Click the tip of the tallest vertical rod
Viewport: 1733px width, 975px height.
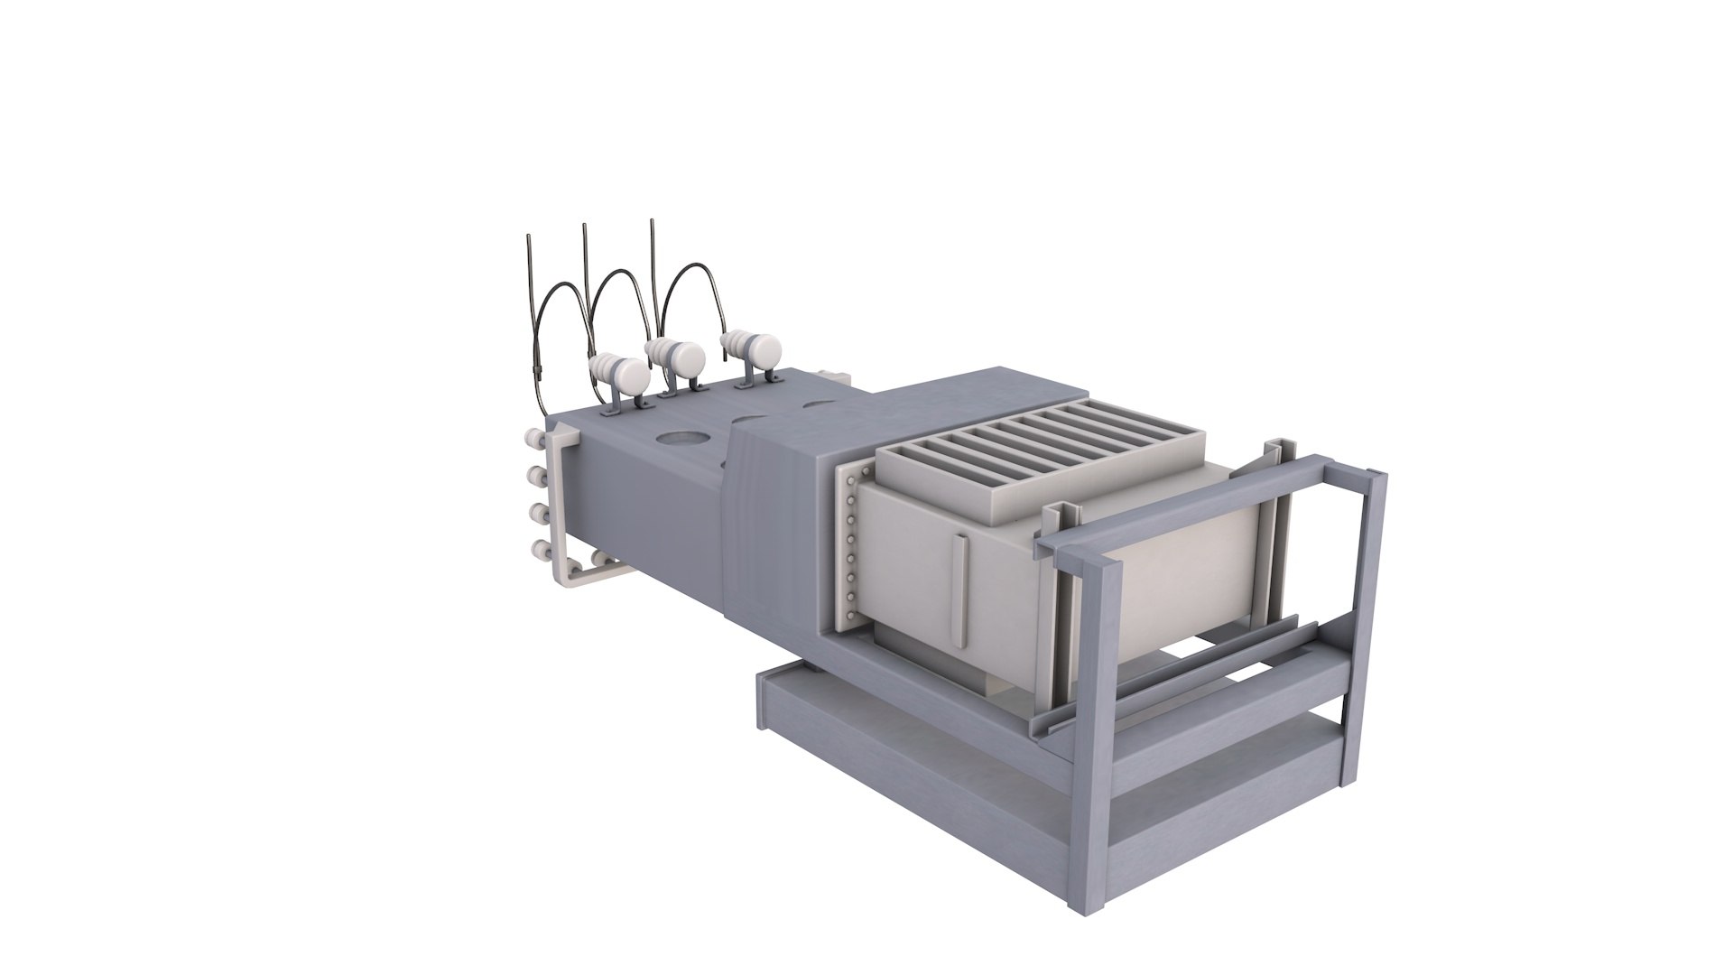(x=652, y=221)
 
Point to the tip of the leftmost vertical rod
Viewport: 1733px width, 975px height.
(x=528, y=237)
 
